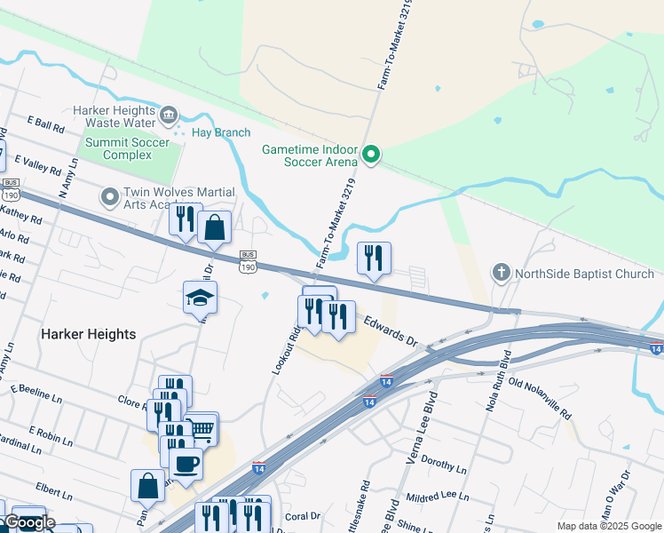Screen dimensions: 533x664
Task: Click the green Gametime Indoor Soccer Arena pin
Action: tap(372, 155)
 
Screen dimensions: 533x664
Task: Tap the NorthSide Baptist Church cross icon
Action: tap(502, 273)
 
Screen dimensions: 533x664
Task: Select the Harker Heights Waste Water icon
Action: tap(169, 115)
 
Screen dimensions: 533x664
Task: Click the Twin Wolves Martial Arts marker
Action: tap(110, 195)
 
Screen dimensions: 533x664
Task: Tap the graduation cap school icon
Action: tap(201, 298)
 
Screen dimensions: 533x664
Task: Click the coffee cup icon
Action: tap(186, 463)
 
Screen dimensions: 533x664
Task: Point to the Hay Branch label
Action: tap(221, 132)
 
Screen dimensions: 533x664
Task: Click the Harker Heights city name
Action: tap(88, 334)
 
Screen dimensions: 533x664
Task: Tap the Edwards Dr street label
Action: tap(388, 327)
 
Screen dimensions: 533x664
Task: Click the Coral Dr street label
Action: tap(303, 515)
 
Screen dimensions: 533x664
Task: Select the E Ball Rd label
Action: tap(46, 124)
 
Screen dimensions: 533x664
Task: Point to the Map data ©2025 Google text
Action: tap(609, 526)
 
